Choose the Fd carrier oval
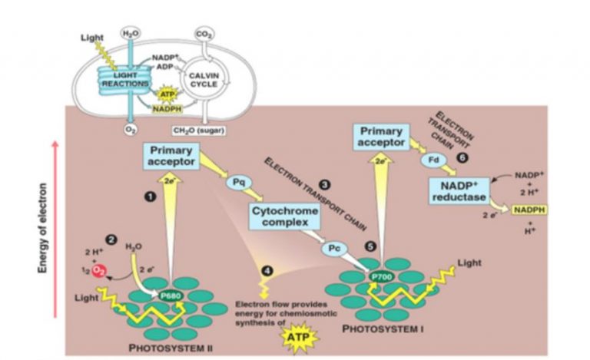(431, 162)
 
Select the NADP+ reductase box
(459, 192)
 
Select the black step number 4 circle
(267, 271)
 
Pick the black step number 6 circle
(461, 157)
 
